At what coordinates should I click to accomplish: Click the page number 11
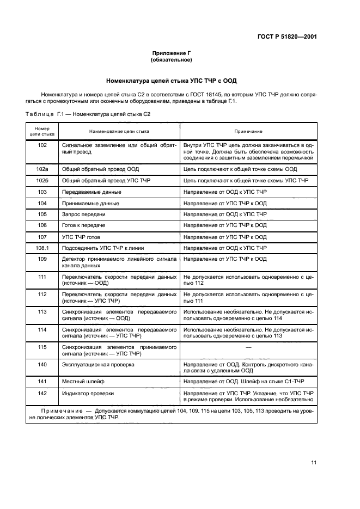tap(314, 463)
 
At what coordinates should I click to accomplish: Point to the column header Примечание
tap(248, 131)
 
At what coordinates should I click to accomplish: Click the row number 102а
tap(42, 169)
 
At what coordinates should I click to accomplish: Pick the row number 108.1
tap(42, 248)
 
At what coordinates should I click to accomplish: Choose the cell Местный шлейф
tap(82, 383)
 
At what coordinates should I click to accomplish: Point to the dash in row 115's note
tap(248, 347)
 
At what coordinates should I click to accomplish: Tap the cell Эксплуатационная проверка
tap(98, 364)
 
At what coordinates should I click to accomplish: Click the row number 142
tap(42, 394)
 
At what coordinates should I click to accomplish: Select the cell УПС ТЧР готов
tap(81, 237)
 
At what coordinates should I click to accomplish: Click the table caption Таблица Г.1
tap(88, 114)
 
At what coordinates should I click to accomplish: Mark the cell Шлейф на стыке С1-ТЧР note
tap(248, 383)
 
